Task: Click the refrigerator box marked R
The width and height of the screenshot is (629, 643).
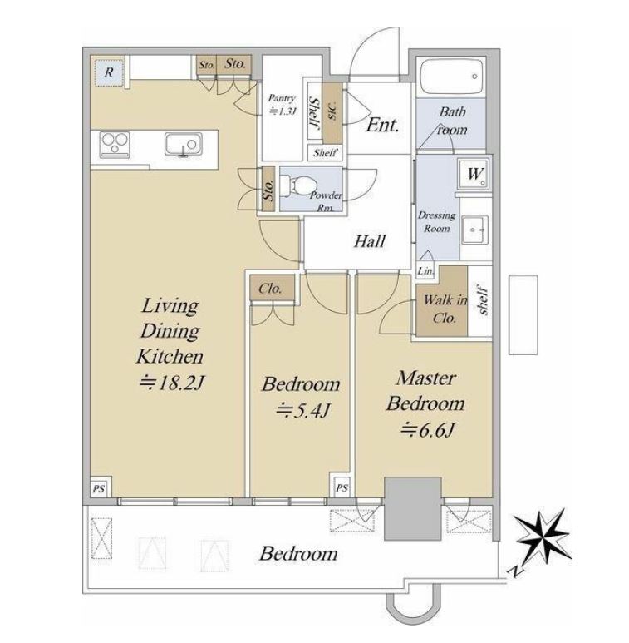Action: click(x=109, y=72)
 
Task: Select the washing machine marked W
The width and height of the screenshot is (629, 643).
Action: click(x=474, y=174)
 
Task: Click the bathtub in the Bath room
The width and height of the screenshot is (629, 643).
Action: click(x=452, y=77)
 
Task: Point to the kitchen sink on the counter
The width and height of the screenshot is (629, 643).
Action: click(x=184, y=145)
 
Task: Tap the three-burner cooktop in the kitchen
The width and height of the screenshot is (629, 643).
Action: click(x=115, y=145)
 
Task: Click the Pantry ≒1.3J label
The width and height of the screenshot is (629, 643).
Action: click(x=282, y=104)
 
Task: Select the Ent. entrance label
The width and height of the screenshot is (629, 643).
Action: click(x=382, y=125)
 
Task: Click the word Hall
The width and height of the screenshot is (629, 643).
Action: click(x=370, y=241)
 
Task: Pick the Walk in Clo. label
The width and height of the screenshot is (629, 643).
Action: click(x=445, y=309)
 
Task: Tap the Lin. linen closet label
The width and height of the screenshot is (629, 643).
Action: click(x=425, y=270)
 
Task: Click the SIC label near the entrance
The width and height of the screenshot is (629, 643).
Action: click(x=332, y=111)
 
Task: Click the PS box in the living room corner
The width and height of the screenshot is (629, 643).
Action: click(x=99, y=488)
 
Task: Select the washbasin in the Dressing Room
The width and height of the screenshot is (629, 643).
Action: click(x=475, y=230)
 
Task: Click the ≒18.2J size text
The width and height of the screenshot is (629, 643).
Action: click(x=171, y=383)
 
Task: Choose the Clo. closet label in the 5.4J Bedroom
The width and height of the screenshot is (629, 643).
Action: click(x=270, y=289)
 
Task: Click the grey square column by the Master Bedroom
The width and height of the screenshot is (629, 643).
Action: click(x=413, y=508)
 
